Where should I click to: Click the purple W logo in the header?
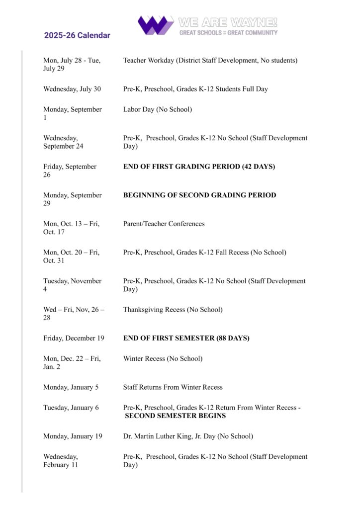tap(155, 25)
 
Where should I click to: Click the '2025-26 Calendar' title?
tap(77, 35)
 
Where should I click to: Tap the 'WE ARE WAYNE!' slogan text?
tap(227, 22)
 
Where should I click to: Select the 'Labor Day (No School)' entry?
tap(158, 109)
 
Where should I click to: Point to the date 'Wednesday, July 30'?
tap(72, 89)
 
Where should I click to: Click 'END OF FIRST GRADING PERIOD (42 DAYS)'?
tap(199, 167)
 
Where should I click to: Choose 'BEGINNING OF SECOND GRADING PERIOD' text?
tap(199, 195)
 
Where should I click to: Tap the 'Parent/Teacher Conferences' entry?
tap(164, 224)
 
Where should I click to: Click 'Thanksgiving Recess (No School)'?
tap(173, 310)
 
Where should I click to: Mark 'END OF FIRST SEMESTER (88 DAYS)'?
tap(186, 338)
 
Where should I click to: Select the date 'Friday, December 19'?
tap(74, 338)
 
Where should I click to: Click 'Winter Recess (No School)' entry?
tap(163, 358)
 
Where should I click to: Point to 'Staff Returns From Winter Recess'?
tap(173, 387)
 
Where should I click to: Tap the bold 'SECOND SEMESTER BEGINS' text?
tap(175, 416)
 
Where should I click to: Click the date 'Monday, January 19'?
tap(73, 436)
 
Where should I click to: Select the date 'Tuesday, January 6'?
tap(71, 408)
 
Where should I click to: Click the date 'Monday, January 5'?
tap(71, 387)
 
